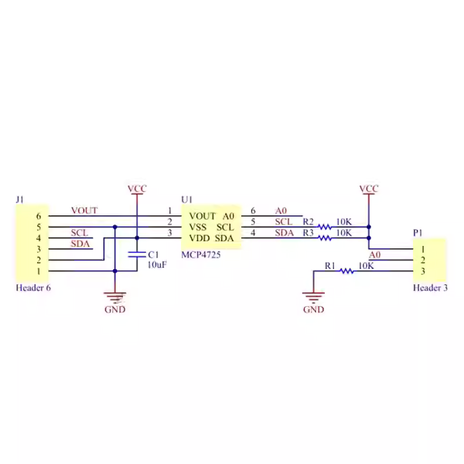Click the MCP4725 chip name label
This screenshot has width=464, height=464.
[x=201, y=255]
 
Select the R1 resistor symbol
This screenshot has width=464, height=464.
[x=346, y=271]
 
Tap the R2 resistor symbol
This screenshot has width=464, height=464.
[x=325, y=227]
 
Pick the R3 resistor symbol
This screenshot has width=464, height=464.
[x=325, y=238]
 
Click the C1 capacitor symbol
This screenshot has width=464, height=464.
[x=137, y=255]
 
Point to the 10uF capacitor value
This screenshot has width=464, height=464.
[x=157, y=265]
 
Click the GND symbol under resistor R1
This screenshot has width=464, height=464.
[x=313, y=299]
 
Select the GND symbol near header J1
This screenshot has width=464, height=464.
[x=115, y=299]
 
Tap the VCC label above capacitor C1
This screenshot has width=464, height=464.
[x=137, y=189]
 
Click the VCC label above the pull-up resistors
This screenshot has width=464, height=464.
[x=368, y=189]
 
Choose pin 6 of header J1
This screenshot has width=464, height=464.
[x=38, y=216]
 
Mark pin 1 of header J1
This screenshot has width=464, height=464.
[x=38, y=271]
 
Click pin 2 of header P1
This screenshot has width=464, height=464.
[x=423, y=260]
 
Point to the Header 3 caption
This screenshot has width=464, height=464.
[x=430, y=287]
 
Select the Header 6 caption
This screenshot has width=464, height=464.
[x=33, y=287]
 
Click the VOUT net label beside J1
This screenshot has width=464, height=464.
[x=84, y=211]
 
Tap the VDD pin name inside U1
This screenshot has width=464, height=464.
[x=199, y=238]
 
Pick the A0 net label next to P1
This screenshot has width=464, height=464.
[x=375, y=255]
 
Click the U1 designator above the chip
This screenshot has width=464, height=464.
[x=186, y=200]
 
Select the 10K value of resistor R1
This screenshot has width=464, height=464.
[x=365, y=266]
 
